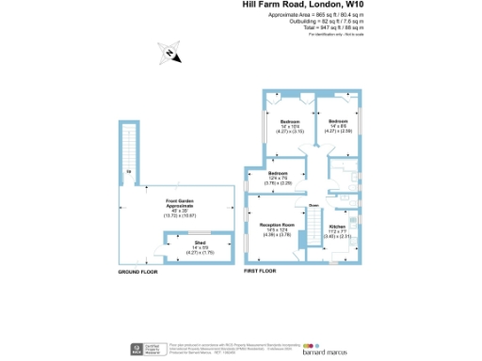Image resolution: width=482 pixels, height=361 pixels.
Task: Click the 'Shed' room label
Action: [x=175, y=243]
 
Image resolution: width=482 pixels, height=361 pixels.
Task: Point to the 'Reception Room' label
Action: [x=278, y=226]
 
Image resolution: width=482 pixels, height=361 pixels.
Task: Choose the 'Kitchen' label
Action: [x=338, y=227]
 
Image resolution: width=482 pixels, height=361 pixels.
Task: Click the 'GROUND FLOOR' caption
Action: [x=136, y=272]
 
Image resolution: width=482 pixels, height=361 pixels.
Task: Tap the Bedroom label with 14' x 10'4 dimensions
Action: [x=289, y=122]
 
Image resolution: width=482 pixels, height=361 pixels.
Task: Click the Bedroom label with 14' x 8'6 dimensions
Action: [x=339, y=122]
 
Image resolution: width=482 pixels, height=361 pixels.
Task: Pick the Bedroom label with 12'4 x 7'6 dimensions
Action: [x=279, y=174]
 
